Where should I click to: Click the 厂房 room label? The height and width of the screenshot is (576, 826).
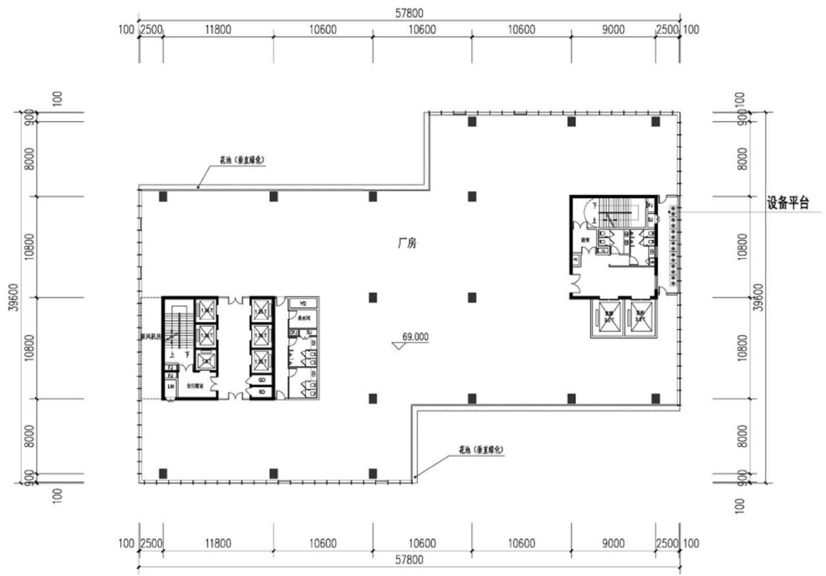(x=405, y=245)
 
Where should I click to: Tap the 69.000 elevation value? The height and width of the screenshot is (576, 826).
(x=415, y=336)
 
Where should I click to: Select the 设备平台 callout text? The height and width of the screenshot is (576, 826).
(x=787, y=203)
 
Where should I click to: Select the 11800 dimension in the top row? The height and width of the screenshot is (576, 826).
(x=217, y=30)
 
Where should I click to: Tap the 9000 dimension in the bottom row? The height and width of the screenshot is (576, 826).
(x=613, y=543)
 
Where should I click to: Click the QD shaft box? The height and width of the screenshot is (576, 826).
(x=261, y=380)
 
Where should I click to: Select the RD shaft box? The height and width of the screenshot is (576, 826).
(x=261, y=392)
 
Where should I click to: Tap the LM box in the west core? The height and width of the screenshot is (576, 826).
(x=170, y=386)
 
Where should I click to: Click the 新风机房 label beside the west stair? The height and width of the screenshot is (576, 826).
(x=150, y=336)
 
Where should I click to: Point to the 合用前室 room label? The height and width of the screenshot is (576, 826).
(x=195, y=386)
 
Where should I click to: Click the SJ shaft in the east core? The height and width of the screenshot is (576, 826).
(x=650, y=220)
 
